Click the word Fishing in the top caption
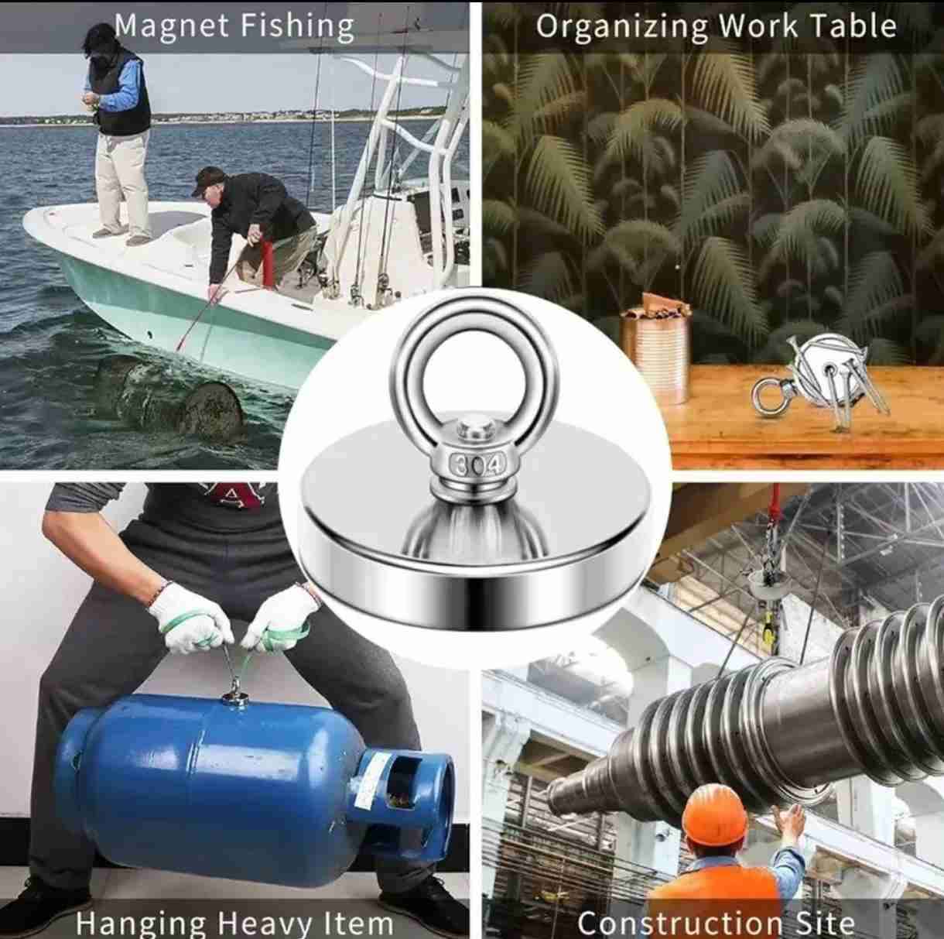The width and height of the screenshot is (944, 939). pos(299,27)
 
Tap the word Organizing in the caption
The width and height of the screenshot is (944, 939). pos(621,27)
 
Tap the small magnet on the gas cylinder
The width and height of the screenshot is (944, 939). pos(235,698)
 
